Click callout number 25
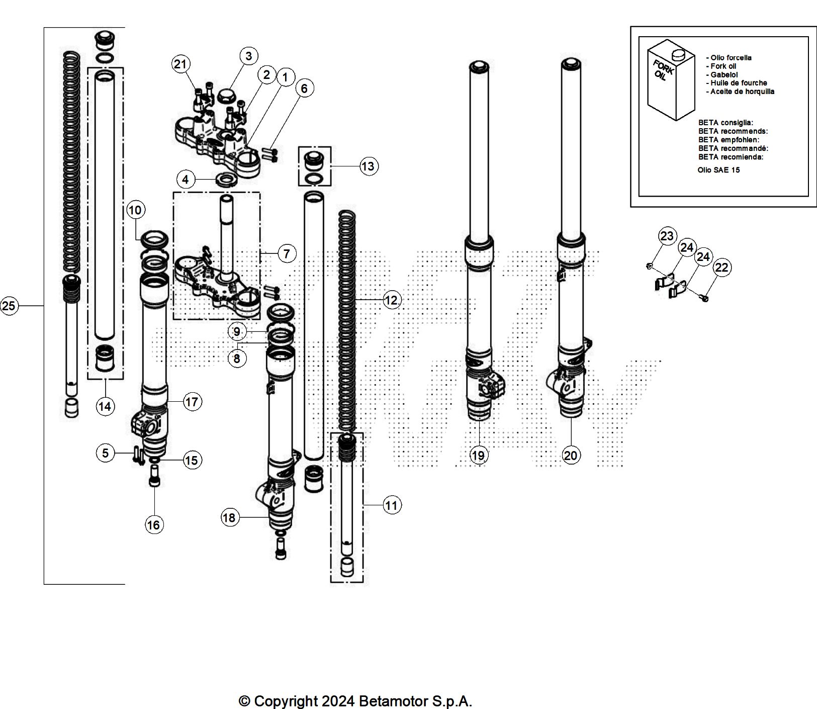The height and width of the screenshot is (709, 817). (9, 306)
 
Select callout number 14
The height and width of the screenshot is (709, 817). (105, 406)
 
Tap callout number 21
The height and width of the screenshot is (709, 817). (180, 64)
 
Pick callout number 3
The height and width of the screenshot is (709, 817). (248, 55)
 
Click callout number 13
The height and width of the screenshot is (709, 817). (368, 166)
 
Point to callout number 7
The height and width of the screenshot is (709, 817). (287, 253)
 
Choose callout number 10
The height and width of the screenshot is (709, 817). (135, 210)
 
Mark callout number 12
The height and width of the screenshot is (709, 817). (391, 300)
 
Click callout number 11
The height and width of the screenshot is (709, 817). (391, 505)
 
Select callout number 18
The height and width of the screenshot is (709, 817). (229, 517)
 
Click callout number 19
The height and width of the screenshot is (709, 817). (478, 455)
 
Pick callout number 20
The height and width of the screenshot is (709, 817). (571, 456)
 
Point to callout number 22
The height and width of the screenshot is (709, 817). (721, 267)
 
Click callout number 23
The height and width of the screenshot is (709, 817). (667, 236)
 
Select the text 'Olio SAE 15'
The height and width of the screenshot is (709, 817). (718, 170)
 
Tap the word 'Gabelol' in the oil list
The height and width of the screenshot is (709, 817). (724, 74)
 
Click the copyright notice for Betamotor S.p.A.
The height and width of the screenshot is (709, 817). (355, 701)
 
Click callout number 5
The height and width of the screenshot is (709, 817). (105, 453)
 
